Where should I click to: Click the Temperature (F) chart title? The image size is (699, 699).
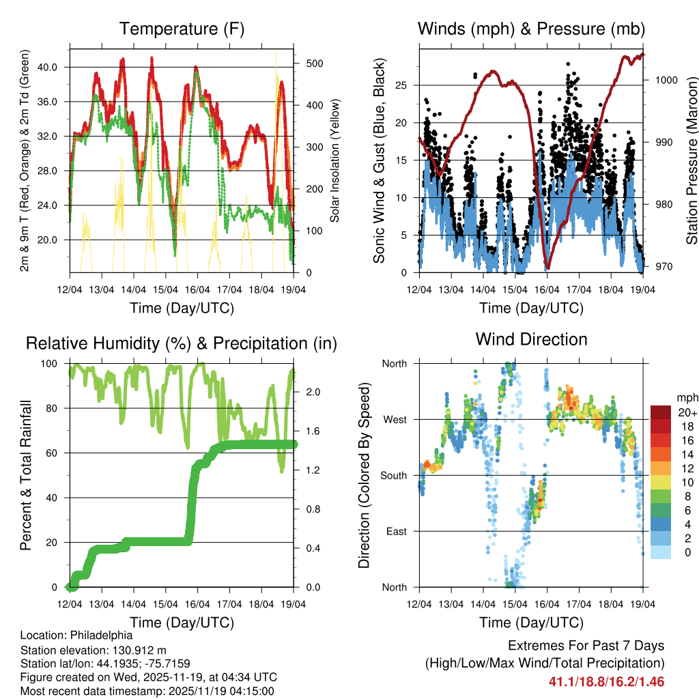[x=182, y=29]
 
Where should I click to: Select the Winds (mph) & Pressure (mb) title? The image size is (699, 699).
[x=531, y=29]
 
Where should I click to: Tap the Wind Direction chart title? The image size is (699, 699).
[x=531, y=339]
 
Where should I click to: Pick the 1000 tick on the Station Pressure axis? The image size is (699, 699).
[x=666, y=80]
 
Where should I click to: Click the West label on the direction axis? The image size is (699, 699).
[x=394, y=419]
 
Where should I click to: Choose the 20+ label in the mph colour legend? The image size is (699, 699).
[x=687, y=412]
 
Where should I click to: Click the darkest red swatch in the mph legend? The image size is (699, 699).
[x=660, y=412]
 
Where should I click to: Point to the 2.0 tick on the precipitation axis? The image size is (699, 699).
[x=308, y=392]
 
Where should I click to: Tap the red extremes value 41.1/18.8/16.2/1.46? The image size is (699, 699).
[x=606, y=682]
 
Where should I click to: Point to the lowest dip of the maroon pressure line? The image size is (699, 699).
[x=547, y=268]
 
